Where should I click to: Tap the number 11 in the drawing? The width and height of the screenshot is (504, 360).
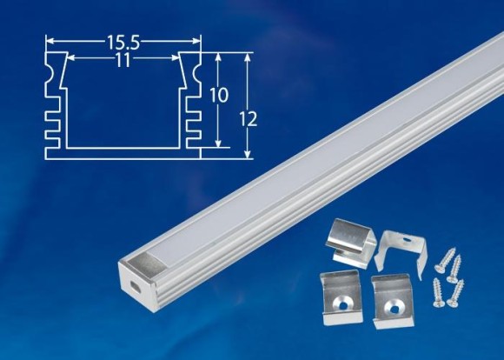point(122,62)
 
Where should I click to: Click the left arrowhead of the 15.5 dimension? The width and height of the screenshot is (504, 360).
point(49,40)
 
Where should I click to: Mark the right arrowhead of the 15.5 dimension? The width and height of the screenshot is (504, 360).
point(198,40)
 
